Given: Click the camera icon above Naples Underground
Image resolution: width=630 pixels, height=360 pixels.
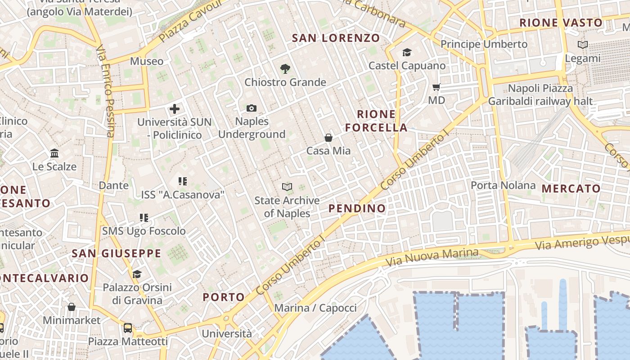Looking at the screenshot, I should [252, 108].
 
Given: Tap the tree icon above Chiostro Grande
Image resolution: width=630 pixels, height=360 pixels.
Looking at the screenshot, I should [285, 69].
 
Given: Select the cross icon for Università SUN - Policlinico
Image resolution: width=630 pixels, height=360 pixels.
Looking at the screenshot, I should [175, 108].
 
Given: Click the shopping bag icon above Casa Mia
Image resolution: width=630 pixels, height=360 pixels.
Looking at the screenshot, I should [328, 138].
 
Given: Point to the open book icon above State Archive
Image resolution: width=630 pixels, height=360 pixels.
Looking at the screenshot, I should [287, 187].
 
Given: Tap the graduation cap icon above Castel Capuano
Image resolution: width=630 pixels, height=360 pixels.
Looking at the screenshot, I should [407, 52].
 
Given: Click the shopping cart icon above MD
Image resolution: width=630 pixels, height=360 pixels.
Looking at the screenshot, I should [436, 87].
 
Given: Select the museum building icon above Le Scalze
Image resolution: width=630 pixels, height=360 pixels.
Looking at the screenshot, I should [54, 153].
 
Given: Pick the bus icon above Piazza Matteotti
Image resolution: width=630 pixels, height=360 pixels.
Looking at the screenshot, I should [128, 328].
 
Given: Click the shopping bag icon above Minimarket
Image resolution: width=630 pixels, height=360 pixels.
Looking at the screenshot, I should [72, 307].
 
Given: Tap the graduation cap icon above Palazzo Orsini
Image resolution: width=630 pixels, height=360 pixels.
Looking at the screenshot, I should [137, 274].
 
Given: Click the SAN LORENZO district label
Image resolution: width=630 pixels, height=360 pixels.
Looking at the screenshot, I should [336, 38].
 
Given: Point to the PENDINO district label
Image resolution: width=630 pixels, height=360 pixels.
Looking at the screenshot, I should [357, 208].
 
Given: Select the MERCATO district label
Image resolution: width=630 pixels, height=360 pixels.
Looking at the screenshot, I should [571, 189].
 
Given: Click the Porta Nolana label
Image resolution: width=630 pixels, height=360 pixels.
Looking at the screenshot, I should [503, 185].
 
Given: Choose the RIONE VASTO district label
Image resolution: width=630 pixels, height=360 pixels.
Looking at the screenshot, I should [561, 22].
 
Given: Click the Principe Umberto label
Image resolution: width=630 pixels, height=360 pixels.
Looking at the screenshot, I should [484, 44].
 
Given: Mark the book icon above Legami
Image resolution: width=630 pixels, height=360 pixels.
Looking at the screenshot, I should [583, 45].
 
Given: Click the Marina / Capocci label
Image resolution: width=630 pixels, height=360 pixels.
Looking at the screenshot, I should [315, 308].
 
